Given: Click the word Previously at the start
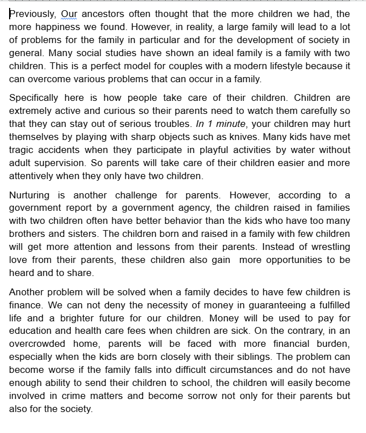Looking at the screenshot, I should click(32, 14).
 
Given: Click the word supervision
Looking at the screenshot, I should click(59, 162).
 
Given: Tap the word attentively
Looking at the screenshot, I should click(38, 175).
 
